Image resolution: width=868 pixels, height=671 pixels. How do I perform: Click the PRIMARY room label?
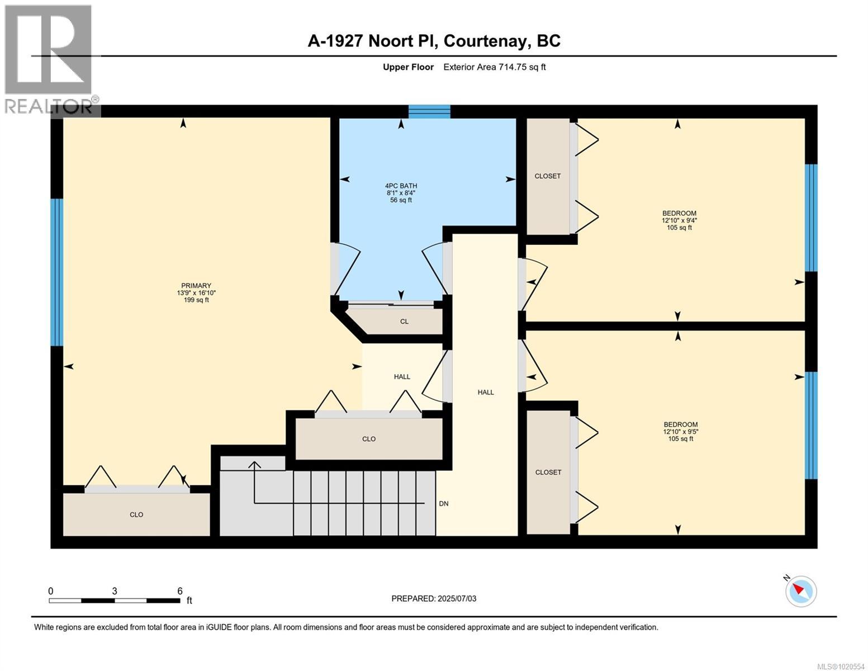196,286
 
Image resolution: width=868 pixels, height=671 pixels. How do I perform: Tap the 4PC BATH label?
401,186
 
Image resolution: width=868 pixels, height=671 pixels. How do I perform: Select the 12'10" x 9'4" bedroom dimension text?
679,220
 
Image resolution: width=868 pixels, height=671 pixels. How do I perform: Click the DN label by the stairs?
443,504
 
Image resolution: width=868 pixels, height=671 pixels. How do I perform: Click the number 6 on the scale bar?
180,591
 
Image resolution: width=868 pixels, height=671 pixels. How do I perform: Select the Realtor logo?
49,59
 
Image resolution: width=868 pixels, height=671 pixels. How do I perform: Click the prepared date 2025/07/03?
457,599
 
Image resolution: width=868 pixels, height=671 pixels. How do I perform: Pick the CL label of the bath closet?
404,322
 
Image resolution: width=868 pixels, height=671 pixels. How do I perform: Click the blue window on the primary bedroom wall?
56,272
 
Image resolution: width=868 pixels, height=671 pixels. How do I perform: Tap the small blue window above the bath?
429,111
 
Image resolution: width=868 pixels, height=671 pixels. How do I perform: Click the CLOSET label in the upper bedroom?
547,176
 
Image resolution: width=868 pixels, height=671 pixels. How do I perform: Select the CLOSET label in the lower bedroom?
548,472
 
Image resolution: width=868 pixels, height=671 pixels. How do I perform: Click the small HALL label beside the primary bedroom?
402,377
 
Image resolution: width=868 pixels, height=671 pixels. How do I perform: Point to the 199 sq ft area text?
196,300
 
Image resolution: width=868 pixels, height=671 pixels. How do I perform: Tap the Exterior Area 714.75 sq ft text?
494,67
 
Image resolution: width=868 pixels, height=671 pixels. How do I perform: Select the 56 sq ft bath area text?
401,200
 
